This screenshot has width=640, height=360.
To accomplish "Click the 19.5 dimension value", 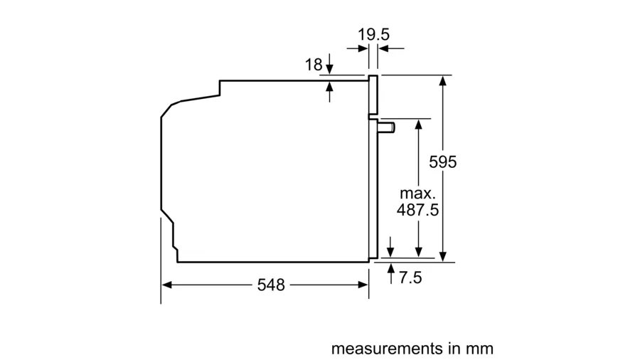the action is click(373, 34).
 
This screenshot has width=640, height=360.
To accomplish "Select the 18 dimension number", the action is click(314, 65).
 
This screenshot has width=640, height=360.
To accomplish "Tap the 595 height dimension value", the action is click(443, 162).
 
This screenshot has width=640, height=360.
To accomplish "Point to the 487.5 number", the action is click(417, 210).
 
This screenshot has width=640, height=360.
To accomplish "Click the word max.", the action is click(417, 193).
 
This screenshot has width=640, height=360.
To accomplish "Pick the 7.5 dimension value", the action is click(410, 277).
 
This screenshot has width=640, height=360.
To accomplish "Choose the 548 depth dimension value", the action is click(271, 285).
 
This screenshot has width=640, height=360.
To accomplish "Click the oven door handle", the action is click(385, 127).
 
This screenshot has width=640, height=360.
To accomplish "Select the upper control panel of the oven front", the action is click(373, 95).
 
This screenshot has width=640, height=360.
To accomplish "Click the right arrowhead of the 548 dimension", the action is click(363, 285).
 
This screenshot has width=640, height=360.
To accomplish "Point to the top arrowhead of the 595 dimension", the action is click(443, 80).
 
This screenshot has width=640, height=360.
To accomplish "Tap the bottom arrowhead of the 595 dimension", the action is click(443, 257).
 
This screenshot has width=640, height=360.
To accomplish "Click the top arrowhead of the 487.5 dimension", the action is click(418, 124).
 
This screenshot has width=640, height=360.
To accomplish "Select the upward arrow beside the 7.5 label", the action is click(391, 273).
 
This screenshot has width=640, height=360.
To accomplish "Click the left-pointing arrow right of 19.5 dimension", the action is click(391, 48).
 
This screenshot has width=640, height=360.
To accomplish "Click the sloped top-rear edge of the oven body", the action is click(200, 98).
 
